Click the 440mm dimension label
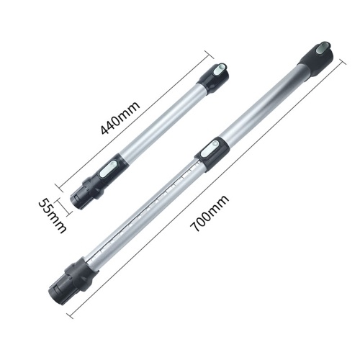point(120,117)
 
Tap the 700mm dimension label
point(209,214)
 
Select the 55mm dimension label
point(52,215)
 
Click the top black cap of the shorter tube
point(213,77)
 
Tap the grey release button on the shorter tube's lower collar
point(108,168)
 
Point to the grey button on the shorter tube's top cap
point(220,69)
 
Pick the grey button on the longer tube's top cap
point(323,47)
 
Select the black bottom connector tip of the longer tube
point(61,289)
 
